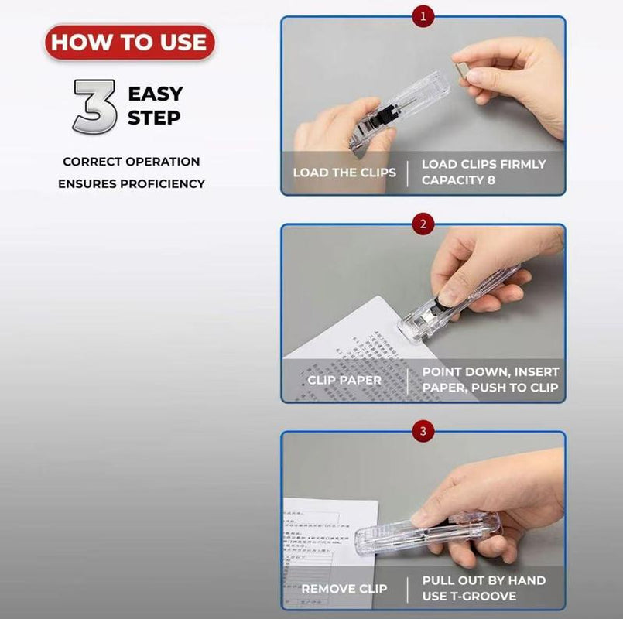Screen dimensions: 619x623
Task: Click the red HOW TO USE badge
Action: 129,43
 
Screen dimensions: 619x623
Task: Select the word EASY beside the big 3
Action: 156,94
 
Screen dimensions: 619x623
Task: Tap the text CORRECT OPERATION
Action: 132,162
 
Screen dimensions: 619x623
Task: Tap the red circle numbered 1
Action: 423,15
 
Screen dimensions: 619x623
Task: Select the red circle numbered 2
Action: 423,224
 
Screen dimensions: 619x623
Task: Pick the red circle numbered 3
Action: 423,432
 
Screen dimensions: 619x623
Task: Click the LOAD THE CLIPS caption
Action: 344,172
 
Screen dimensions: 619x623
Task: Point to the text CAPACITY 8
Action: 458,180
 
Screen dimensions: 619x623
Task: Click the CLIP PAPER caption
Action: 344,380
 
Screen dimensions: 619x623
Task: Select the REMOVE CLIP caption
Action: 344,589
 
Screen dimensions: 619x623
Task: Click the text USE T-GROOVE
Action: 470,596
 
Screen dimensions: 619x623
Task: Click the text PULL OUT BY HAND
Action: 484,580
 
